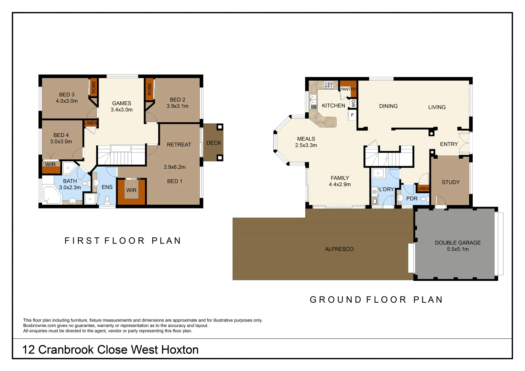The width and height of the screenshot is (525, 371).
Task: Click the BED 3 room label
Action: [x=67, y=94]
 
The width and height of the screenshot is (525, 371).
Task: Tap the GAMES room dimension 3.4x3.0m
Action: [x=121, y=110]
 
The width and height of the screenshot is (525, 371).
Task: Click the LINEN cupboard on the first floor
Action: [x=90, y=123]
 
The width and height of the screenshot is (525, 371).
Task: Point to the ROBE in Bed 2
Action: [x=149, y=89]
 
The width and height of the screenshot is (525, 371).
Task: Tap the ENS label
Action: [x=107, y=187]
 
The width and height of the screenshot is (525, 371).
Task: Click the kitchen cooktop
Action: [x=329, y=85]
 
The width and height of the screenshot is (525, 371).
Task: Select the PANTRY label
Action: [x=348, y=89]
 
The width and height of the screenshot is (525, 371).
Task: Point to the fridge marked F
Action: [x=352, y=115]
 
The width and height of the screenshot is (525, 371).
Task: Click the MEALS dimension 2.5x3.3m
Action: [x=306, y=145]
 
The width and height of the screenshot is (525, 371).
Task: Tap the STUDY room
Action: [x=450, y=182]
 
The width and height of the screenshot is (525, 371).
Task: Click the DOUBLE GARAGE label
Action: [x=458, y=243]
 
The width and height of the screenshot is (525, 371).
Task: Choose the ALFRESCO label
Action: [x=339, y=249]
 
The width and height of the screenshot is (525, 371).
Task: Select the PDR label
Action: [x=412, y=199]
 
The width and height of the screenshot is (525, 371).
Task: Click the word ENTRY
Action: [x=449, y=144]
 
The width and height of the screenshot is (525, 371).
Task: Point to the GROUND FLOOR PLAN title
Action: [x=376, y=300]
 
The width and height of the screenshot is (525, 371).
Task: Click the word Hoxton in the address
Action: [x=180, y=350]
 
